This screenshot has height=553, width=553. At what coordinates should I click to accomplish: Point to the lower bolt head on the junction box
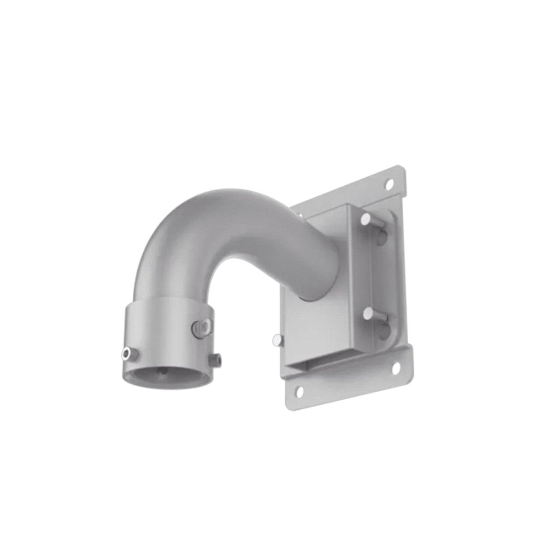(368, 313)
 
